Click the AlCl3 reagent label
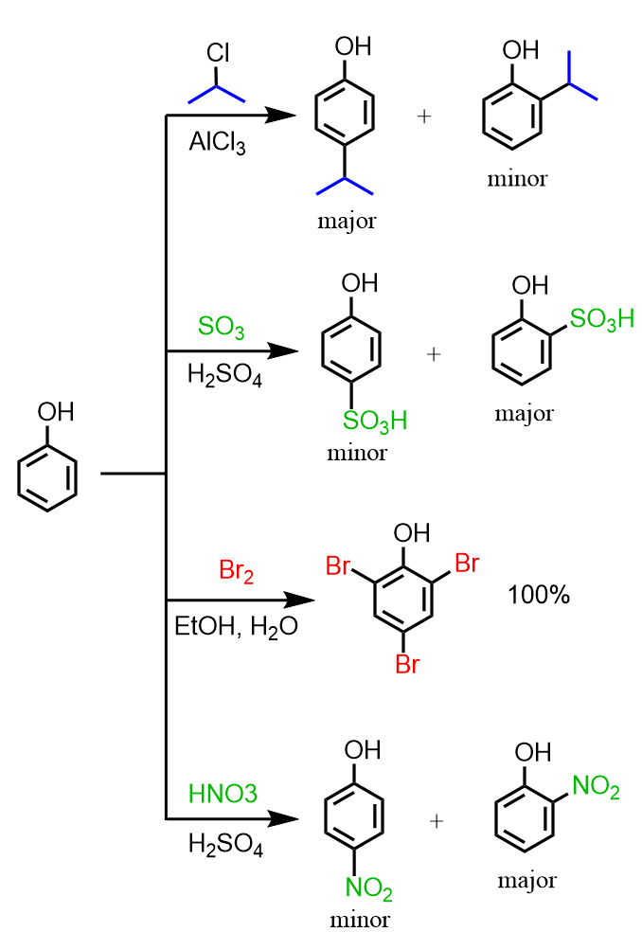point(217,142)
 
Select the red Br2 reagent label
point(236,571)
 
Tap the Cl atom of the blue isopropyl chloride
point(218,54)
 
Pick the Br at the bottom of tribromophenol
point(407,664)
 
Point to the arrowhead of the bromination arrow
point(301,600)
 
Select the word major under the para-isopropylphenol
point(347,222)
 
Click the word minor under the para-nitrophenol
point(357,919)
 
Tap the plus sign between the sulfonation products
point(435,353)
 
